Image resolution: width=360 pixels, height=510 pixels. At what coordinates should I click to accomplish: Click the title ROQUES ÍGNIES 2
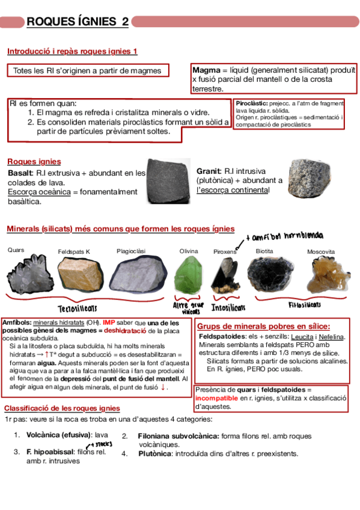78,22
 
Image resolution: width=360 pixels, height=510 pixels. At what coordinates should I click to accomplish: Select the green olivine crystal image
188,275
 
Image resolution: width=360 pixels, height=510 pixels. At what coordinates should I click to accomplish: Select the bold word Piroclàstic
252,103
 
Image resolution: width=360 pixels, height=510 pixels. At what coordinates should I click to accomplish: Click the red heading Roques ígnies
34,161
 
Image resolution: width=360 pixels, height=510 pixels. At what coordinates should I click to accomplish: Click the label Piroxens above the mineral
225,251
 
